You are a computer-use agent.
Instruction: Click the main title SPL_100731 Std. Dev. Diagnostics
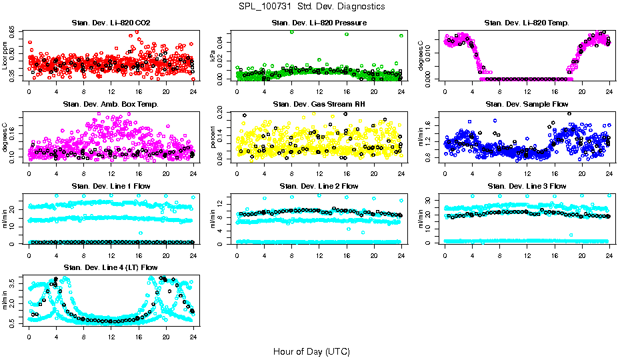coord(311,7)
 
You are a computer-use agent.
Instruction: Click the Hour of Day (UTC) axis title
coord(311,351)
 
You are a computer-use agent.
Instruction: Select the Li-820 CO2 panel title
coord(111,23)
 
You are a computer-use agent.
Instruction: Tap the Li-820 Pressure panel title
coord(319,23)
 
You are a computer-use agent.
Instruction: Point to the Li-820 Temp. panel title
coord(527,23)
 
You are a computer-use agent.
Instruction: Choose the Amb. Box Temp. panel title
coord(111,105)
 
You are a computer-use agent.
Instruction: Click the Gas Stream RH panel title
coord(319,105)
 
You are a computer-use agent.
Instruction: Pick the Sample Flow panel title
coord(527,105)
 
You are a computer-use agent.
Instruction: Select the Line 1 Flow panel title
coord(111,186)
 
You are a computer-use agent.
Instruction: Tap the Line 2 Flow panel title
coord(319,186)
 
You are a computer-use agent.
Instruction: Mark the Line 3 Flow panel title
coord(527,186)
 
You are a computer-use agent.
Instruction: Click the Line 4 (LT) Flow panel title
coord(111,267)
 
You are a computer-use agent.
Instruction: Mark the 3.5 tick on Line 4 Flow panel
coord(12,284)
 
